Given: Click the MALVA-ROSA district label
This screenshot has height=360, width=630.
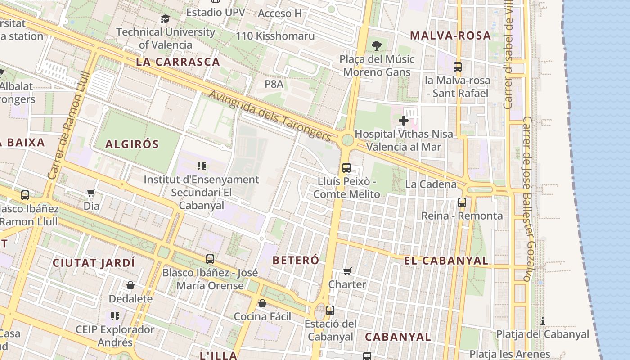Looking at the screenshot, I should [x=450, y=36].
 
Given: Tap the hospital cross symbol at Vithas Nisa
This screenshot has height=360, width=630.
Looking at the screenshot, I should [x=404, y=120].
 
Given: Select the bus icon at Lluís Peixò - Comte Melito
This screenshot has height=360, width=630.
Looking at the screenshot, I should [x=346, y=168].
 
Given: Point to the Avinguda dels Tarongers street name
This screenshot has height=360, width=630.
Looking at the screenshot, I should [x=270, y=115].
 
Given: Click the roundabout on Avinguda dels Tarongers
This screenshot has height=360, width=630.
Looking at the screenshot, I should [x=347, y=140].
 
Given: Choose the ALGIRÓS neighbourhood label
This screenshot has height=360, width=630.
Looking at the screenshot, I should [x=132, y=144].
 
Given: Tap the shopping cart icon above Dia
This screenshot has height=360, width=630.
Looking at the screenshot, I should [x=91, y=193].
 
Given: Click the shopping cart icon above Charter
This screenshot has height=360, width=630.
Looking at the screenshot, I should [x=347, y=271].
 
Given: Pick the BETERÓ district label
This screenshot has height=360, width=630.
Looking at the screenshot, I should [x=296, y=260].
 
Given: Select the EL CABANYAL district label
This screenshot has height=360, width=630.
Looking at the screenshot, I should [x=446, y=261].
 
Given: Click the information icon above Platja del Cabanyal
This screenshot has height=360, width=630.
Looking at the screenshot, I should [x=543, y=321].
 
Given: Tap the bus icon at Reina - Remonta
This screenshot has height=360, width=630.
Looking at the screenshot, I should [x=462, y=202].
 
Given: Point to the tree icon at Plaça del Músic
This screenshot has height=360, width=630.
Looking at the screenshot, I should [x=377, y=45].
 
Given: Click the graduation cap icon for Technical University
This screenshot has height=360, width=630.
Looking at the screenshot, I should [x=165, y=18].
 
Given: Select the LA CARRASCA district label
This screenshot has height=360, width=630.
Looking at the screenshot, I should [x=178, y=62].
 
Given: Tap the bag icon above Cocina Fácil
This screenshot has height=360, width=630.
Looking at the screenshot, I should [x=262, y=303].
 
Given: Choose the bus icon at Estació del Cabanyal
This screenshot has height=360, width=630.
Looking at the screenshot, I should [x=330, y=310].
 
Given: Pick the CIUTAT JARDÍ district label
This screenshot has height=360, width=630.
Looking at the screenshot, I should [x=94, y=263].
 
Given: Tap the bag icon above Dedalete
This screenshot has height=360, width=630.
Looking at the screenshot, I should [x=130, y=285].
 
